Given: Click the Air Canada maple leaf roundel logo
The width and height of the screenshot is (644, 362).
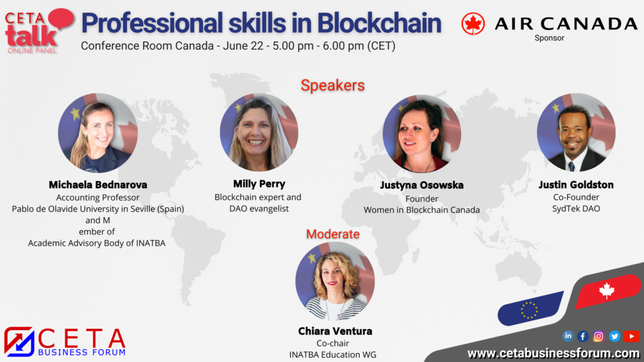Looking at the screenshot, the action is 473,23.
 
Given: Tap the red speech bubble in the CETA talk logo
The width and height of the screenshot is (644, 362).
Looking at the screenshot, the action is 61,18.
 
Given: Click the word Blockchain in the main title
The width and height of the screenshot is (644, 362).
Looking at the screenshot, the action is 379,23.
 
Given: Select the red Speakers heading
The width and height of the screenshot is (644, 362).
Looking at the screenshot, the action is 333,85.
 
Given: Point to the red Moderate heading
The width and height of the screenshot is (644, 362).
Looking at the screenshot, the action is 333,234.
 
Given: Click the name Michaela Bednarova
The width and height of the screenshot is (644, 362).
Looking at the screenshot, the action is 97,185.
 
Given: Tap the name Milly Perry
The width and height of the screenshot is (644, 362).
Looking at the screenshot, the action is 259,184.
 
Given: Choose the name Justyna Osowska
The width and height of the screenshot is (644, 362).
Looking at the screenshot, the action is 422,185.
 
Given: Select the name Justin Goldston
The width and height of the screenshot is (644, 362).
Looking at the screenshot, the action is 576,185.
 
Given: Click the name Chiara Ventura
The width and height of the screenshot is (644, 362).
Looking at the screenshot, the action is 335,331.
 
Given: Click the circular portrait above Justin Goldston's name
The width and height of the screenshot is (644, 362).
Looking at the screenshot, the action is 576,132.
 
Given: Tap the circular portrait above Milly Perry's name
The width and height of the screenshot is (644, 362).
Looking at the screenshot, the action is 259,132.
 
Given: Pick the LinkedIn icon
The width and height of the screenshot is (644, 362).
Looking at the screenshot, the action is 568,336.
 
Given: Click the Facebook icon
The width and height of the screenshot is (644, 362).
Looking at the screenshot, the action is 583,337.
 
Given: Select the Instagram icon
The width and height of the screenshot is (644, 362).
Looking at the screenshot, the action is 599,337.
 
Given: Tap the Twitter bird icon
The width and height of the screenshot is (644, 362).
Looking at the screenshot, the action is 614,337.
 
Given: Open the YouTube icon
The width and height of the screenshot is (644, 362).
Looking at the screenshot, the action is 631,336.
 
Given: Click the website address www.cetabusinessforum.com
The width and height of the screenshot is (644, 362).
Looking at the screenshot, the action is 553,353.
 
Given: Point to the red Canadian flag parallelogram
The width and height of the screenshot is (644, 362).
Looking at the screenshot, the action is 608,291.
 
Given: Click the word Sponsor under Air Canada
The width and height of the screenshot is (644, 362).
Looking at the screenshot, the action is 549,38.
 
